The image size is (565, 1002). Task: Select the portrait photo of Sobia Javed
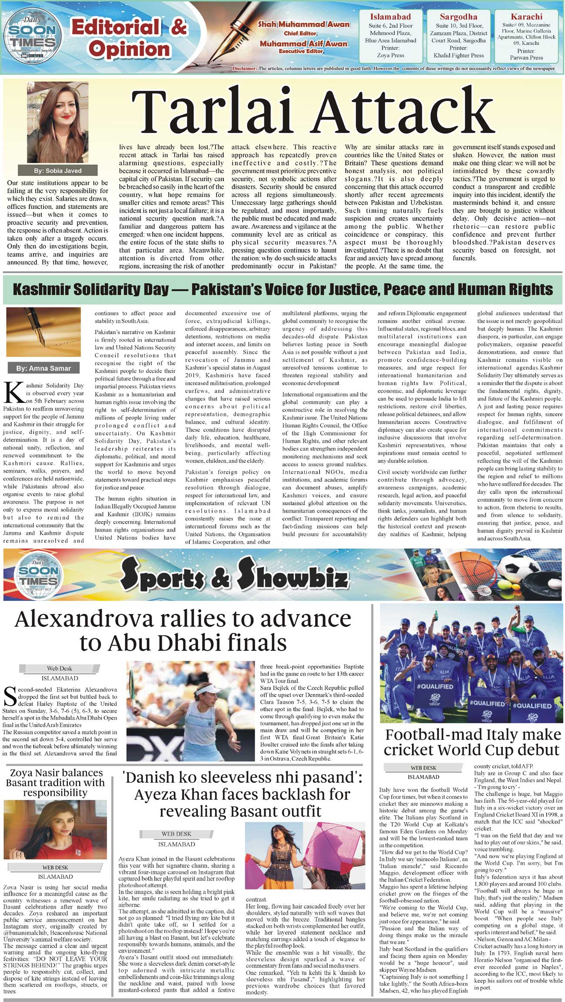point(58,122)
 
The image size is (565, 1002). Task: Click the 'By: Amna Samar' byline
point(43,368)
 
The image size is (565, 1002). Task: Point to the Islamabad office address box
point(390,36)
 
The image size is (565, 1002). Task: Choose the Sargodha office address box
point(459,36)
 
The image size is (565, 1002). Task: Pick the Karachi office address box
point(526,36)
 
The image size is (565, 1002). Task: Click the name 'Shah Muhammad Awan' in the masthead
point(304,24)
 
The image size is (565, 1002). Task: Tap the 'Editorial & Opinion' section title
point(130,38)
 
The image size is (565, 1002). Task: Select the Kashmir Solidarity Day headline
point(282,289)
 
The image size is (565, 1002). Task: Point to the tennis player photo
point(191,711)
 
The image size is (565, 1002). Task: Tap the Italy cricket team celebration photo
point(471,664)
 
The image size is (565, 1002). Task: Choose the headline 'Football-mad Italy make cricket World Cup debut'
point(472,742)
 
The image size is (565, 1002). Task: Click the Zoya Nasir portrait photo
point(55,830)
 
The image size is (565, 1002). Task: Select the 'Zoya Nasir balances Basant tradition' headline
point(55,783)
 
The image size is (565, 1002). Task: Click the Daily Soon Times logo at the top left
point(33,36)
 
